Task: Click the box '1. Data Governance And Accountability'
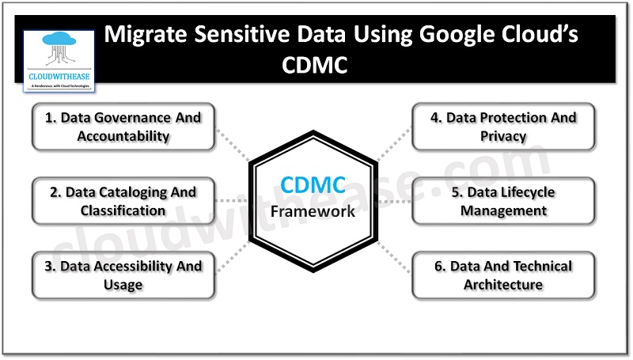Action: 123,127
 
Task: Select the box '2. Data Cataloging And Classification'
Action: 123,201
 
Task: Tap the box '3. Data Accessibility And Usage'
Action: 123,275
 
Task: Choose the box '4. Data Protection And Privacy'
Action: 503,127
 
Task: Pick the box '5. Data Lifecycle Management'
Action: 503,201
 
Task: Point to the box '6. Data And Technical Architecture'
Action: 503,275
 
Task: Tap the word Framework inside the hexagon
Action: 313,211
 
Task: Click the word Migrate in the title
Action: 146,35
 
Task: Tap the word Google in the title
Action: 438,35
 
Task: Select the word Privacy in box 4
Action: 503,136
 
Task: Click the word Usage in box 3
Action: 123,285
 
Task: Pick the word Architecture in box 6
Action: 503,285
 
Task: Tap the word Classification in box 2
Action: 123,210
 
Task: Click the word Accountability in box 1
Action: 123,136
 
